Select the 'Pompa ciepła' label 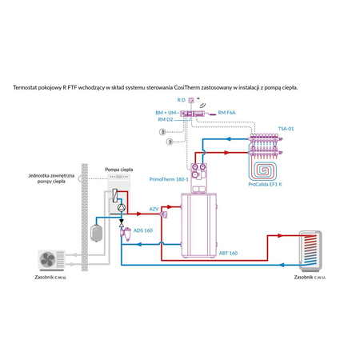(118, 170)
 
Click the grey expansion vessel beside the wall (96, 230)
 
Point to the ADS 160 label (142, 230)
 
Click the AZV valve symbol (163, 214)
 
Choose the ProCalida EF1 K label (265, 185)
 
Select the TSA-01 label (286, 128)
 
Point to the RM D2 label (166, 120)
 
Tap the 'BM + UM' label (166, 114)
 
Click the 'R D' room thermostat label (182, 100)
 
